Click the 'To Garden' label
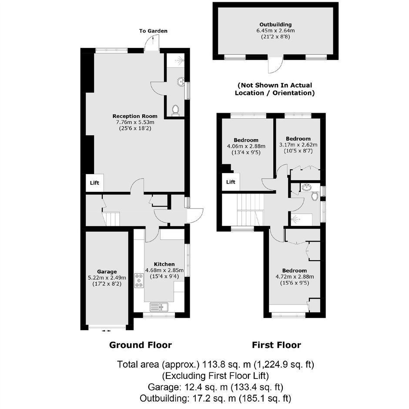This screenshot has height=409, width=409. click(153, 31)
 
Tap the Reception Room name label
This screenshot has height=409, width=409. click(135, 116)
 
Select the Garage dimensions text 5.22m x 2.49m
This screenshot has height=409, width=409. click(107, 278)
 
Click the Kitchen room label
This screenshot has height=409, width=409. click(164, 264)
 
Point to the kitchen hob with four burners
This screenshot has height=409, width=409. click(139, 280)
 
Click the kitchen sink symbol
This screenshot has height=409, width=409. click(159, 307)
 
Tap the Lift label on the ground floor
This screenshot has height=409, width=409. click(94, 183)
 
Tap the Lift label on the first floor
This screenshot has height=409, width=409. click(231, 182)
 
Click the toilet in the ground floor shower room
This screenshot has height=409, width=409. click(175, 111)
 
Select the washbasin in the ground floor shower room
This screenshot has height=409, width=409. click(181, 82)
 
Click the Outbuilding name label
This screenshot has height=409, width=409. click(275, 24)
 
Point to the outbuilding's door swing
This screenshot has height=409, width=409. click(275, 65)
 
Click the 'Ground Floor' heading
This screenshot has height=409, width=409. click(141, 345)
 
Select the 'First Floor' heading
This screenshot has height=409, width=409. click(276, 345)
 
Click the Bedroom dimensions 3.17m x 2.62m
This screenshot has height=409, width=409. click(298, 145)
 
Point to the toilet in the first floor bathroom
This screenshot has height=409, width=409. click(315, 196)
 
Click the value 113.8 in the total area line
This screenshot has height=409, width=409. click(213, 364)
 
